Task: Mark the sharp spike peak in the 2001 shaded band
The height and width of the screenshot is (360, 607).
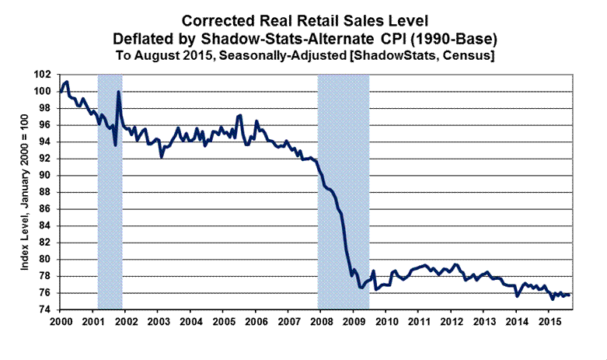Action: click(118, 92)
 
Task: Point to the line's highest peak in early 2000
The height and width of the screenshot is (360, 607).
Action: click(67, 81)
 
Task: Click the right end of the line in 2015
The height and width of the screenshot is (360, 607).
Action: click(570, 295)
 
